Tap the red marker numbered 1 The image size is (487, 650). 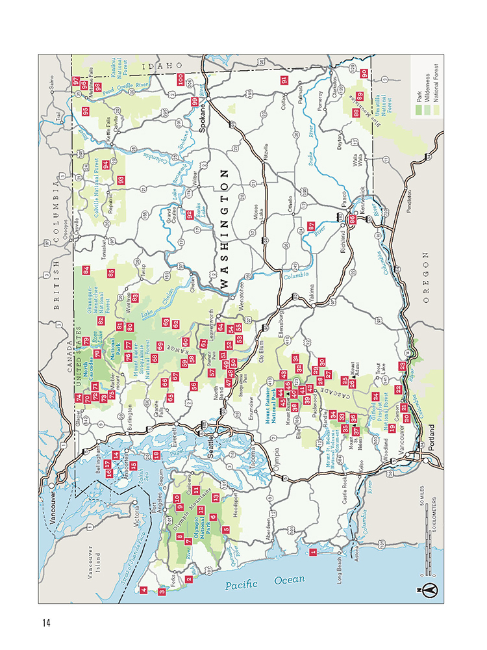click(314, 553)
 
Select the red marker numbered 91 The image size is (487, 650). click(284, 81)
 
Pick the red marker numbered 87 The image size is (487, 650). click(311, 226)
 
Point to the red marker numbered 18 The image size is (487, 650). click(155, 436)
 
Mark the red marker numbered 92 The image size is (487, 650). click(190, 214)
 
